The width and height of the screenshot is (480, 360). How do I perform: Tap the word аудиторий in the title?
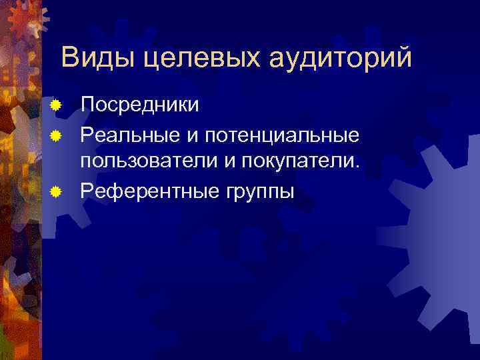[x=341, y=59]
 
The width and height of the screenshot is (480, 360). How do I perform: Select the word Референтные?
[x=150, y=191]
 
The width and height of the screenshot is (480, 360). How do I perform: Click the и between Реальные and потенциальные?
[x=191, y=136]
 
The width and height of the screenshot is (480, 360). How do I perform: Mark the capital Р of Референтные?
[x=86, y=191]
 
